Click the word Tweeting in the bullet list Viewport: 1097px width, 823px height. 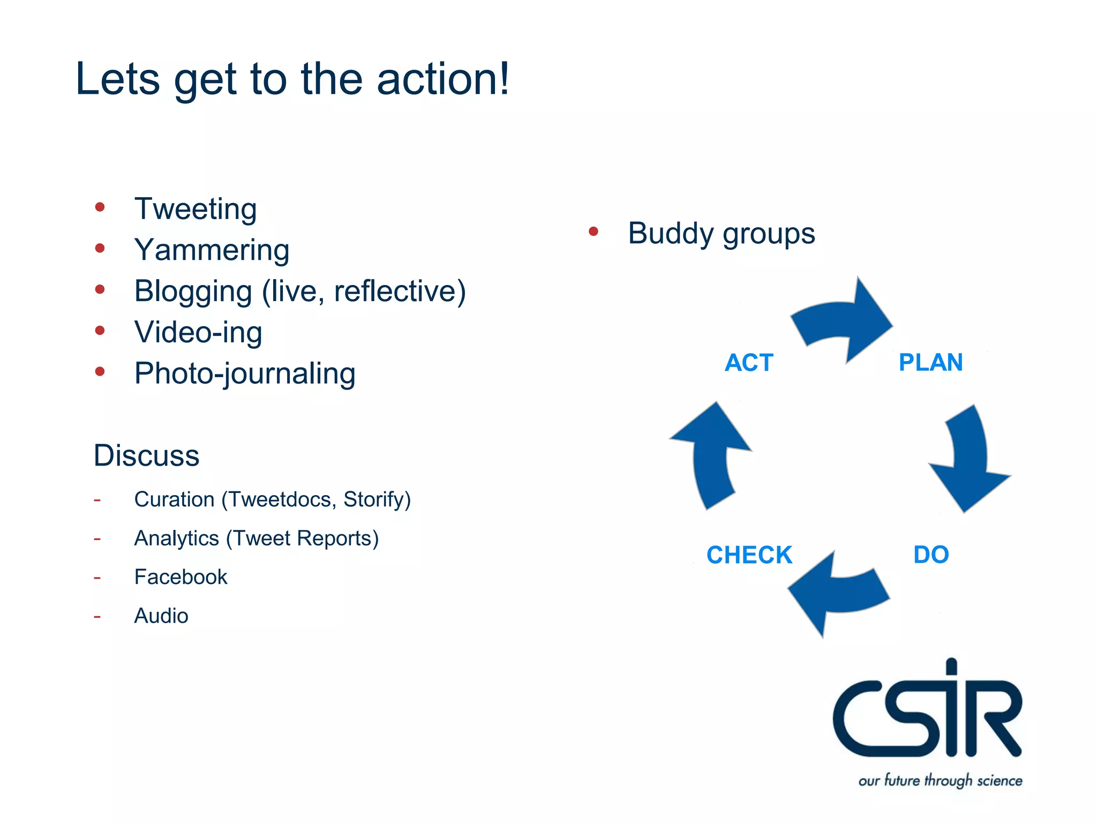[196, 209]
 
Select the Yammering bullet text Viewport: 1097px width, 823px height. [212, 250]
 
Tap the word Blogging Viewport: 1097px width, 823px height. [193, 291]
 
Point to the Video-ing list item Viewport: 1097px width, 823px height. [198, 332]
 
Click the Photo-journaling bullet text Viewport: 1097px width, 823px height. [245, 373]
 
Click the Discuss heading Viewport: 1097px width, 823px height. [146, 455]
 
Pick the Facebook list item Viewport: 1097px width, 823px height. [181, 577]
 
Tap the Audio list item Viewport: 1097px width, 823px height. [161, 616]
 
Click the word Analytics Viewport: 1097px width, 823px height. [176, 538]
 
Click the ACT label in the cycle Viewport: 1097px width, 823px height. [749, 363]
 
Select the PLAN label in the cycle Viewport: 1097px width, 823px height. [930, 363]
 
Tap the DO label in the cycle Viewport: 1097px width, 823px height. [931, 555]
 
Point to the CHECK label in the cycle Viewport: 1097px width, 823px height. [749, 555]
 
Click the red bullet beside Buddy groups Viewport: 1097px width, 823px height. [593, 231]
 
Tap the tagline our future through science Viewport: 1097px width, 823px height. [940, 780]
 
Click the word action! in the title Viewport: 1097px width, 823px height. [443, 79]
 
